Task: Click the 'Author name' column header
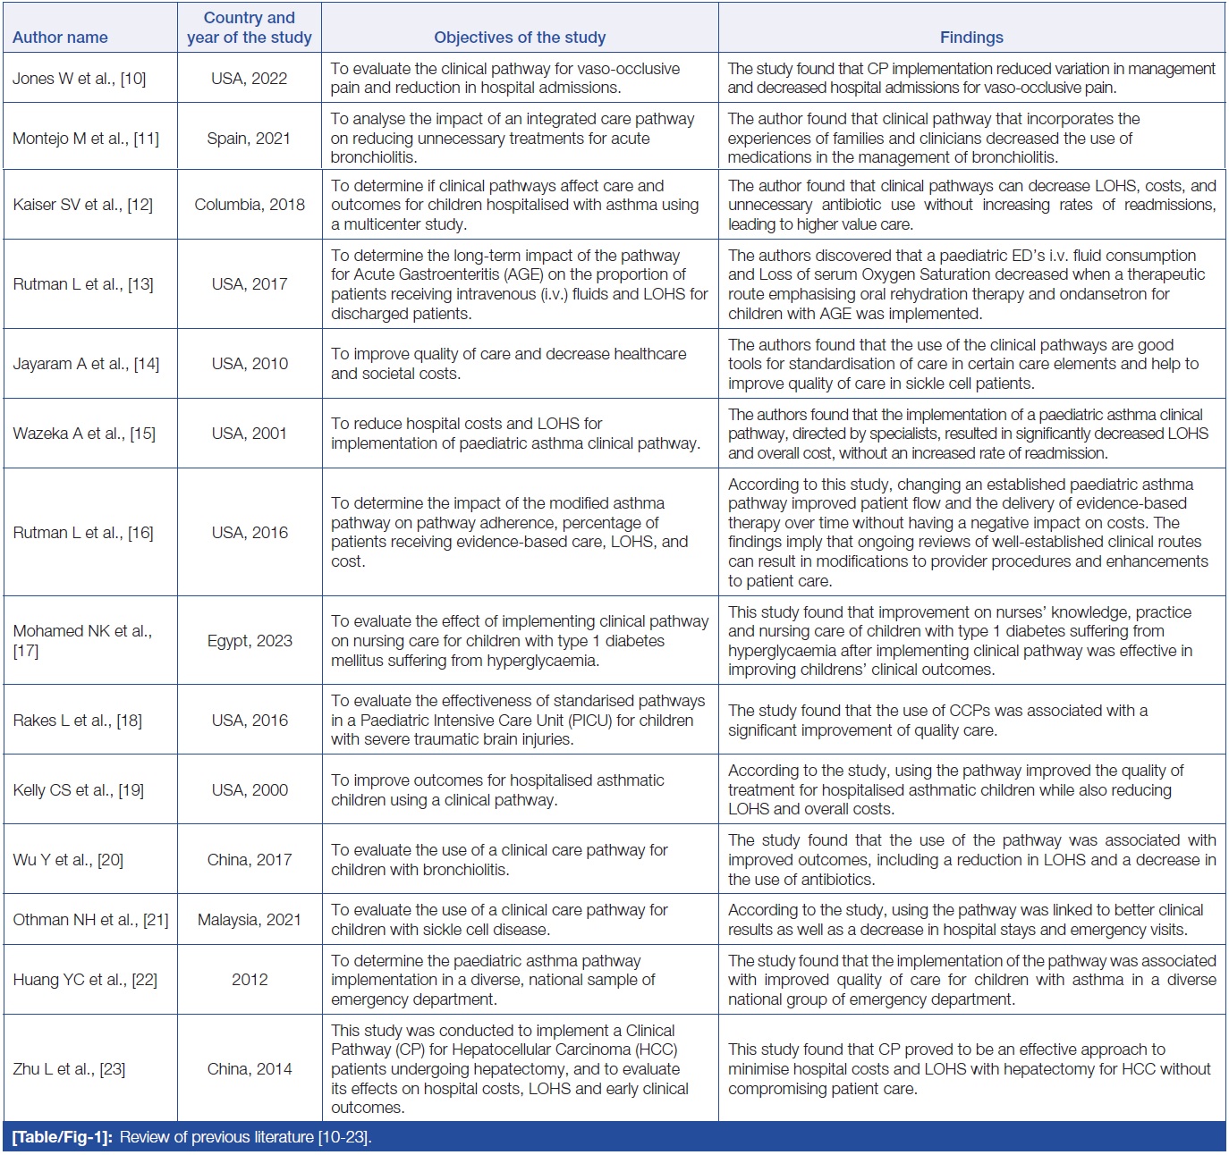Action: coord(60,38)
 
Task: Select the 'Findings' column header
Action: coord(971,38)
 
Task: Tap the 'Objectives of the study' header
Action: coord(520,38)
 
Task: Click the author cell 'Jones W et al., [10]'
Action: coord(79,79)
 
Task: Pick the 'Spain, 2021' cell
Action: coord(249,139)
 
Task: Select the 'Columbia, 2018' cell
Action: coord(250,205)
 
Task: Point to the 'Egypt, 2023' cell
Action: coord(250,641)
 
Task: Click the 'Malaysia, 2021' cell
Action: coord(250,920)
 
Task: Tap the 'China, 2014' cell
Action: coord(250,1069)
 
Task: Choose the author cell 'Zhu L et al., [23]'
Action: coord(69,1069)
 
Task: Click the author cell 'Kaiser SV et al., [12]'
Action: coord(82,205)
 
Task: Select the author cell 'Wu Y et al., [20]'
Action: coord(68,860)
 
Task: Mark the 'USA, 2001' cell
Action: coord(250,434)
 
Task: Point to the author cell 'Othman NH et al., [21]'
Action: coord(90,920)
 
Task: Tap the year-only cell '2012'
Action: coord(250,980)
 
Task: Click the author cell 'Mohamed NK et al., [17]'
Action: coord(82,641)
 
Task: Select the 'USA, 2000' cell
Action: coord(250,790)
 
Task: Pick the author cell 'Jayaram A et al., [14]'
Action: coord(86,364)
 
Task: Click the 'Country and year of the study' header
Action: coord(250,28)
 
